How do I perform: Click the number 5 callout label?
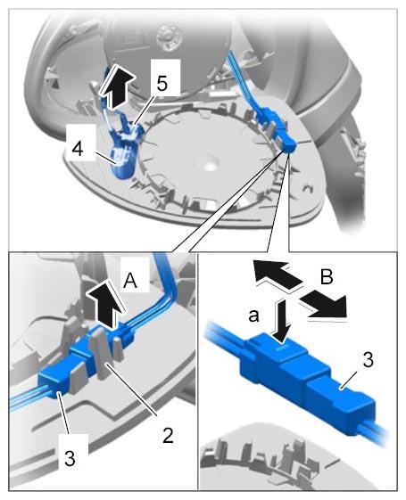pos(162,83)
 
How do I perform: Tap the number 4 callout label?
pos(78,148)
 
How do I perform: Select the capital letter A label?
pos(130,281)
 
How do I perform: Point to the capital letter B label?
pos(327,276)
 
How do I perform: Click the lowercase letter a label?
pos(253,316)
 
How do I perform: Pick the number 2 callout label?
pos(169,435)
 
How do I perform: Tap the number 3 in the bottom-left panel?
pos(70,458)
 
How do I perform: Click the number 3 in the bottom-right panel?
pos(368,360)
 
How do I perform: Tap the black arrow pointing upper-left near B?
pos(277,273)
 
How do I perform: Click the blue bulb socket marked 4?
pos(124,162)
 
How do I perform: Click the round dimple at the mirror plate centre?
pos(209,162)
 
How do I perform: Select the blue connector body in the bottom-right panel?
pos(305,382)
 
